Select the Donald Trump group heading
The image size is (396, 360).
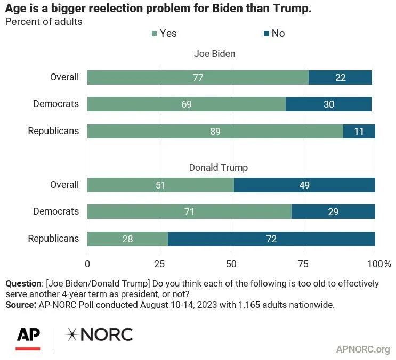pos(218,168)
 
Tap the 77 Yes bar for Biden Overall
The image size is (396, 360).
pos(198,77)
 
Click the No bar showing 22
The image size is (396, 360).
pos(340,77)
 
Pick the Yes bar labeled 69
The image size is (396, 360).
pos(187,104)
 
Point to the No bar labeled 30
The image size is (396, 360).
pos(329,104)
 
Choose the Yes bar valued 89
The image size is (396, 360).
pos(215,131)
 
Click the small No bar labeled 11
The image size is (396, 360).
pos(359,131)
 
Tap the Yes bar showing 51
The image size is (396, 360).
pos(160,185)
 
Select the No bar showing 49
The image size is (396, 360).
pos(304,185)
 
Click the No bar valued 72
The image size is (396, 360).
pos(271,239)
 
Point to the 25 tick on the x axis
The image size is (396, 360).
pos(159,264)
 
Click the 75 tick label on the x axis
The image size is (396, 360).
pos(303,264)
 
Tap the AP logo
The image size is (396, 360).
pos(28,338)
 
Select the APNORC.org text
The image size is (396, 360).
pos(362,349)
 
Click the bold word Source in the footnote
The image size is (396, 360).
pos(20,305)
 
